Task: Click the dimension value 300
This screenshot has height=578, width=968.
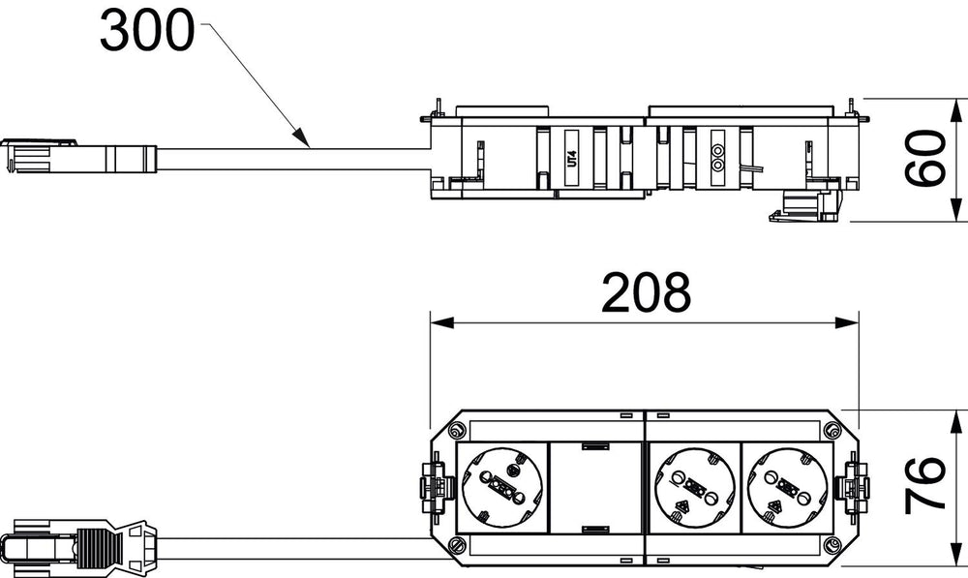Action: click(x=147, y=31)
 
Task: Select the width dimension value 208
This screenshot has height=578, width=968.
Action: click(x=646, y=292)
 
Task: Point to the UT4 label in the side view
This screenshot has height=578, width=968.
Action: click(x=572, y=158)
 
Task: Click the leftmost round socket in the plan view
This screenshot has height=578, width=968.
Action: click(x=501, y=487)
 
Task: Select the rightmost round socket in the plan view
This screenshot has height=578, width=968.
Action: click(x=788, y=487)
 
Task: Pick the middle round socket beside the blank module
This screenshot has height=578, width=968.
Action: click(x=694, y=487)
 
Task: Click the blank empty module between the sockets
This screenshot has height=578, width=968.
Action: click(x=595, y=487)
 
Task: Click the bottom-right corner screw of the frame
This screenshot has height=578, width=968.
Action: click(x=832, y=545)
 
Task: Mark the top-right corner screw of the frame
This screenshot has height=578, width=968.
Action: click(x=832, y=430)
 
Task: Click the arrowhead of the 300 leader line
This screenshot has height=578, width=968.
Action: click(x=301, y=137)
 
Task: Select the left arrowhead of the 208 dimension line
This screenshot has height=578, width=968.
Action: click(x=442, y=322)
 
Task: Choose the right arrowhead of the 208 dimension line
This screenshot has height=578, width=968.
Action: click(x=847, y=322)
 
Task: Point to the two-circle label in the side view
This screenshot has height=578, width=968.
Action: click(x=717, y=158)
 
